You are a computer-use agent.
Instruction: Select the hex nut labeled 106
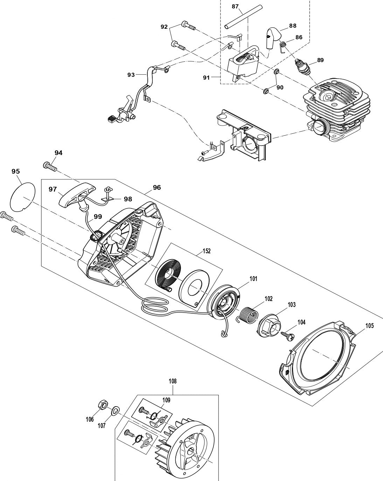coord(100,405)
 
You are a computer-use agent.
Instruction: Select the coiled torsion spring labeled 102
coord(250,313)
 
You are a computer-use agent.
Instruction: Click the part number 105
coord(369,326)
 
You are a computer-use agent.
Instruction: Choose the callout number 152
coord(207,252)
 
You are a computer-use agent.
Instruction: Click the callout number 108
coord(173,381)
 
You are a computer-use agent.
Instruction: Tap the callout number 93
coord(131,75)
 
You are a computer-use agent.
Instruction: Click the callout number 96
coord(156,188)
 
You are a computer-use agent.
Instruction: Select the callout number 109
coord(166,400)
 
